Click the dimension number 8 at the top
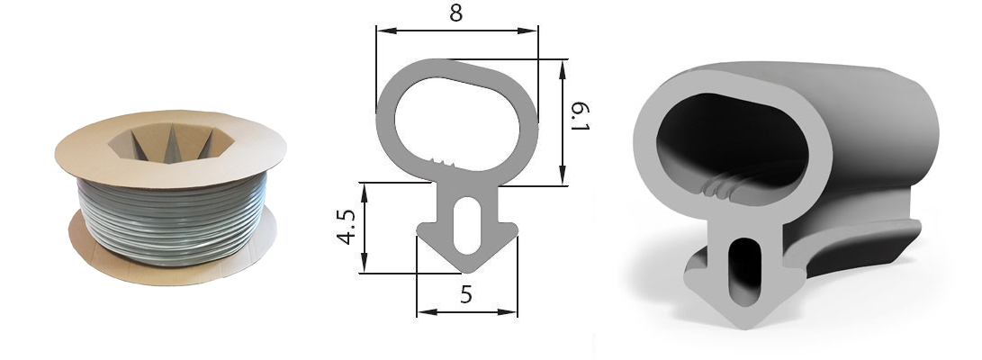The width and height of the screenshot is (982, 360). tap(456, 13)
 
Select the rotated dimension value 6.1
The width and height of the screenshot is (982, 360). tap(581, 116)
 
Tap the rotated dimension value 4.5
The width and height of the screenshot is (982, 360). tap(347, 227)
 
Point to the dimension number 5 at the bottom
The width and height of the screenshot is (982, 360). tap(466, 294)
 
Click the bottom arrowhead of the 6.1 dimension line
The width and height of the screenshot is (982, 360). tap(563, 175)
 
